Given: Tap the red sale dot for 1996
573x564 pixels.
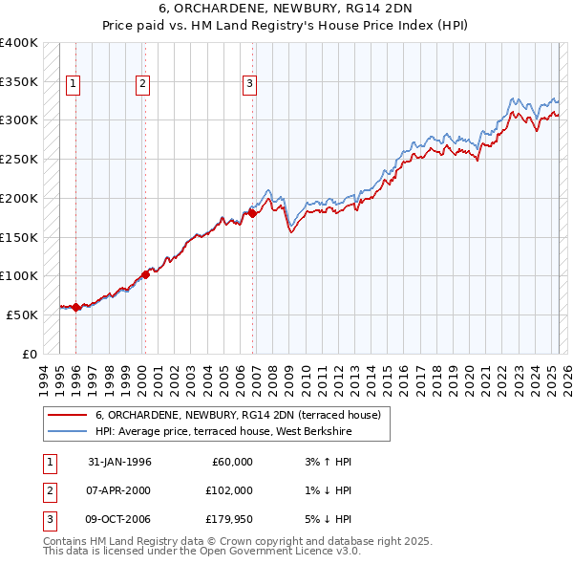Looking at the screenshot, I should point(76,308).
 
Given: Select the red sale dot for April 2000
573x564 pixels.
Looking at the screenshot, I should point(145,274).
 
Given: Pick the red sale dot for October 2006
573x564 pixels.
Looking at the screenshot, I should point(253,214).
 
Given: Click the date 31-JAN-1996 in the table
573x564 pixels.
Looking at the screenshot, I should point(119,462).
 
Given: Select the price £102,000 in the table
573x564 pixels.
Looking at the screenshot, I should point(229,490).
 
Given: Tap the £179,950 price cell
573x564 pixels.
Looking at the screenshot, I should point(229,519).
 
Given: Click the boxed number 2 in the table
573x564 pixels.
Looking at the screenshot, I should point(48,490).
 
